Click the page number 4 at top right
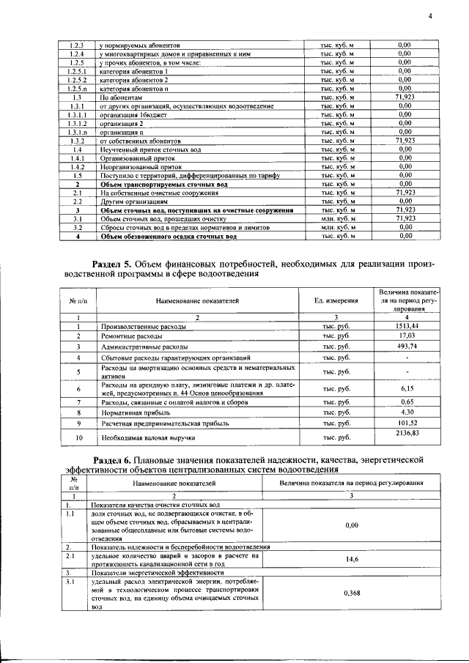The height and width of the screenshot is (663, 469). pos(431,17)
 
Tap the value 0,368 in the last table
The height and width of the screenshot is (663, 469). pos(351,594)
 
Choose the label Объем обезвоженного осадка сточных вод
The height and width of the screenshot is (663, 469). pos(169,237)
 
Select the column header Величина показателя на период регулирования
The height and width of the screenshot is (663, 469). pos(351,484)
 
